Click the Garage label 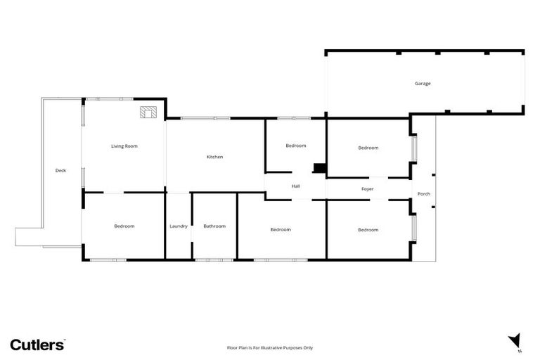coord(422,84)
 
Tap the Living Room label coord(124,146)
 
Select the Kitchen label coord(214,157)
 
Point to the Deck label coord(60,170)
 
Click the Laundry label coord(179,226)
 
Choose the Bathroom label coord(214,226)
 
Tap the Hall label coord(296,186)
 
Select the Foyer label coord(367,189)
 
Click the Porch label coord(423,194)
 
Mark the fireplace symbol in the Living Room coord(148,112)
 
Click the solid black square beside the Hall coord(319,169)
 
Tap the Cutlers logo coord(37,345)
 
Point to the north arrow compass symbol coord(515,340)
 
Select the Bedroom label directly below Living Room coord(124,226)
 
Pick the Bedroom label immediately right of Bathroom coord(281,229)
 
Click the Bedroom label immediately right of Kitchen coord(296,146)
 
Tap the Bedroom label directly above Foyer coord(368,148)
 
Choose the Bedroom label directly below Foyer coord(368,230)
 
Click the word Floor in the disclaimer coord(233,347)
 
